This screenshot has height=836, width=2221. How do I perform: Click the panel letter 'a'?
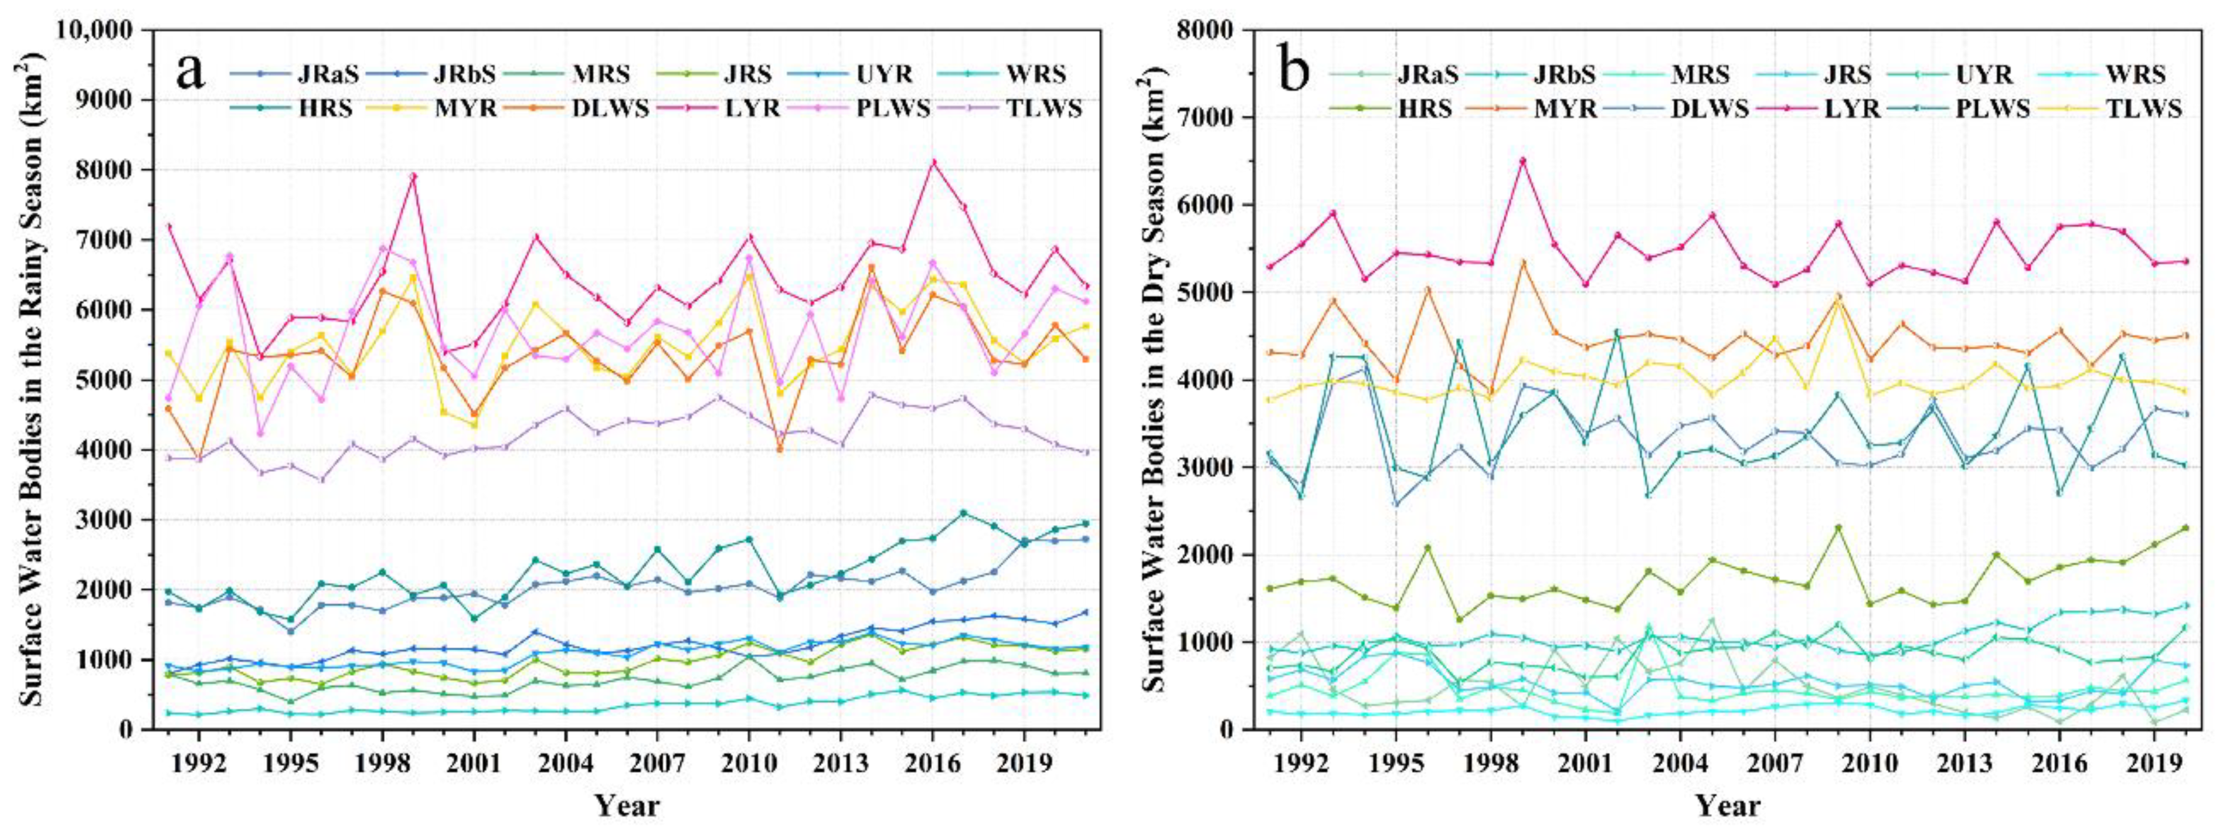(191, 71)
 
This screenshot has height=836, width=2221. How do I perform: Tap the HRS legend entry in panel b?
(1415, 109)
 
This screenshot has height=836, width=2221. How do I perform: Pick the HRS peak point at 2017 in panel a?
(963, 513)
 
